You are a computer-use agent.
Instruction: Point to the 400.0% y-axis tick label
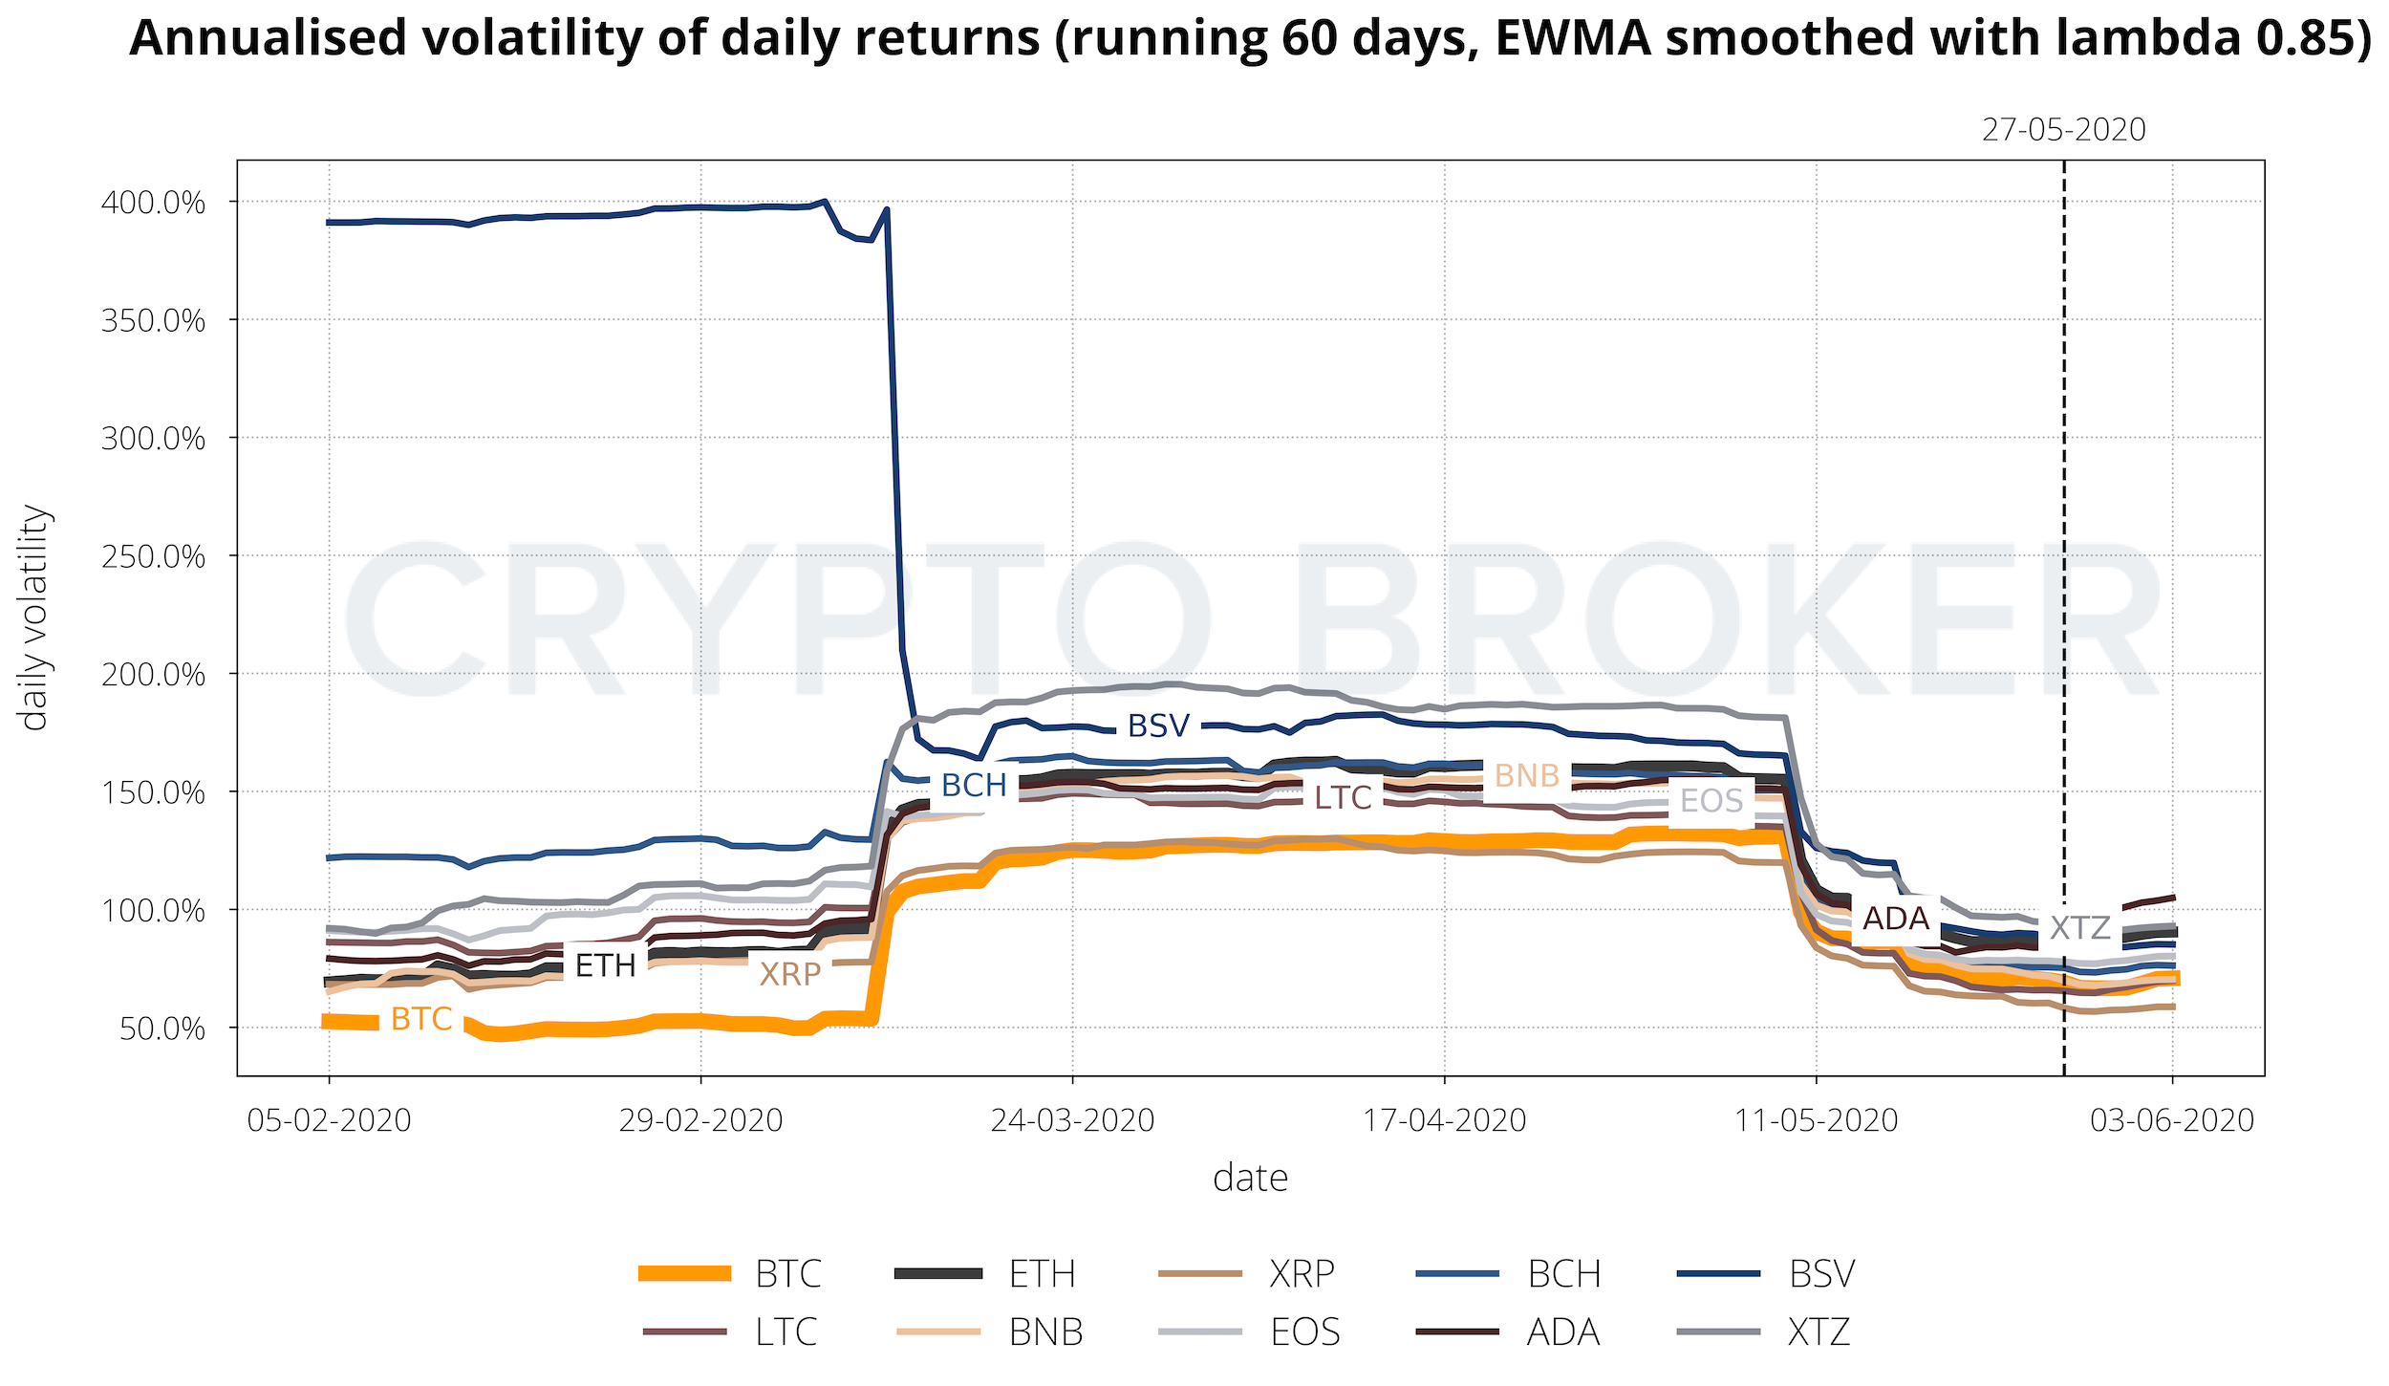(x=153, y=203)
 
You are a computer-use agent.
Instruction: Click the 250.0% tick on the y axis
(x=153, y=556)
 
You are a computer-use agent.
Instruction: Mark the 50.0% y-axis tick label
(x=162, y=1029)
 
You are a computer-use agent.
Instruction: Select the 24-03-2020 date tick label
(x=1072, y=1120)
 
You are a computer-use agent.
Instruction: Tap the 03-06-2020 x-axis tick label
(x=2172, y=1120)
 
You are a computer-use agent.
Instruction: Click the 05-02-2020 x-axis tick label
(x=329, y=1120)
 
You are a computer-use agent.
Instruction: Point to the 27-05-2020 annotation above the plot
(x=2063, y=130)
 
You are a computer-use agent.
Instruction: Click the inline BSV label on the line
(x=1158, y=726)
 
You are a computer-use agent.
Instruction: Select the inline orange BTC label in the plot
(x=421, y=1019)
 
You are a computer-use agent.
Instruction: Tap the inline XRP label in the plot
(x=789, y=974)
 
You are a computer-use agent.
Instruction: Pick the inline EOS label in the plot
(x=1711, y=800)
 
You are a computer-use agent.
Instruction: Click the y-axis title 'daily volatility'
(x=34, y=617)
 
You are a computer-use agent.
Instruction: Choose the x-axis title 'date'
(x=1250, y=1179)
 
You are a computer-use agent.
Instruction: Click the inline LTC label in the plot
(x=1343, y=797)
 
